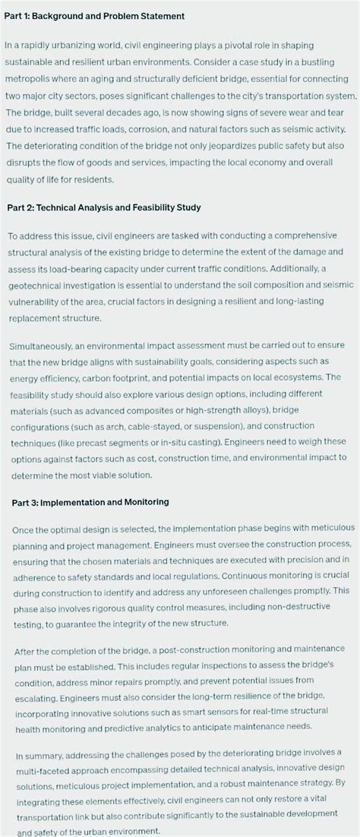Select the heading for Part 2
point(103,207)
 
